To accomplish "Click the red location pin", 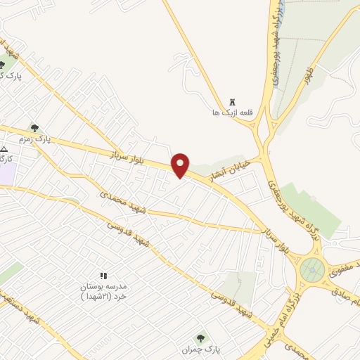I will [181, 164].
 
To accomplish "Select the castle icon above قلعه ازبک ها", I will [233, 102].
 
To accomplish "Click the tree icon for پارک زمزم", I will [34, 128].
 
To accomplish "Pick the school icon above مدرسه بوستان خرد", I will [103, 276].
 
